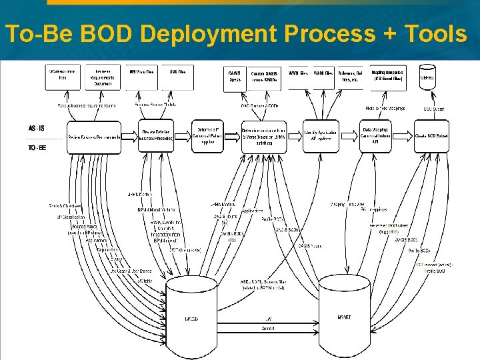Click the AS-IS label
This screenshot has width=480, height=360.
pyautogui.click(x=37, y=127)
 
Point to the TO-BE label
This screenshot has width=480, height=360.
pyautogui.click(x=37, y=148)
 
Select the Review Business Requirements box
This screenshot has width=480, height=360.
pyautogui.click(x=94, y=137)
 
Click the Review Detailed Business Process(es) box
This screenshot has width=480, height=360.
pyautogui.click(x=157, y=136)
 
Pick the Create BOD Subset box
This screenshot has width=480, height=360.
pyautogui.click(x=431, y=136)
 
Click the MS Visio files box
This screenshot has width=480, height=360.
pyautogui.click(x=141, y=77)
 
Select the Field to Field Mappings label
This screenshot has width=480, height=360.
pyautogui.click(x=381, y=108)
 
